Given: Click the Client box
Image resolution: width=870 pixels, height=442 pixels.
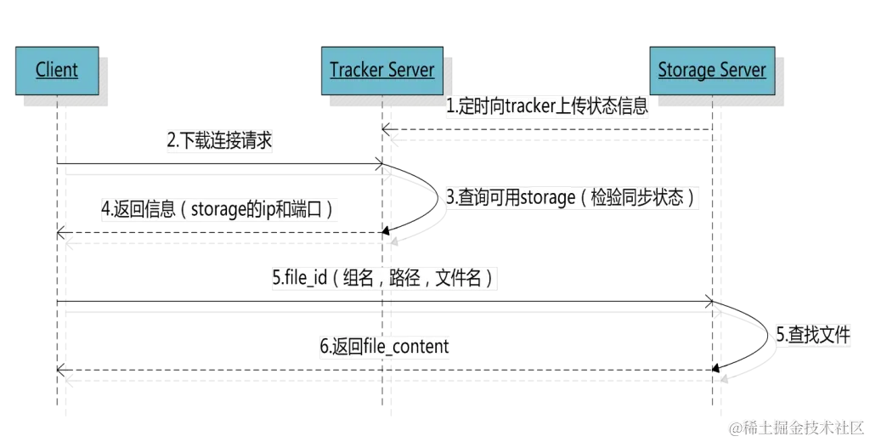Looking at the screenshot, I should point(57,70).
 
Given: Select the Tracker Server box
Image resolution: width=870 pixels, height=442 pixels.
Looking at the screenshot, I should point(382,70).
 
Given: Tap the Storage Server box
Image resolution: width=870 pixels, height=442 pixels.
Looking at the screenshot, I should point(712,70).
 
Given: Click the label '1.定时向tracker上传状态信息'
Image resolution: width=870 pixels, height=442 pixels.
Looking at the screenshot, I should point(548,107).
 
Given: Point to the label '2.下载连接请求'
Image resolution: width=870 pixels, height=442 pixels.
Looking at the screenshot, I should point(218,142).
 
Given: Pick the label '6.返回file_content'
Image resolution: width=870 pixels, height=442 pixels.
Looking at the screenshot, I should point(384,347).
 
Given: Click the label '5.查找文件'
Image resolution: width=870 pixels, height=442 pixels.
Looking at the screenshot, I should point(813,335).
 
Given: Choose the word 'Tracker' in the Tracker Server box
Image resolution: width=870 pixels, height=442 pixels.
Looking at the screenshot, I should point(356,70).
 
